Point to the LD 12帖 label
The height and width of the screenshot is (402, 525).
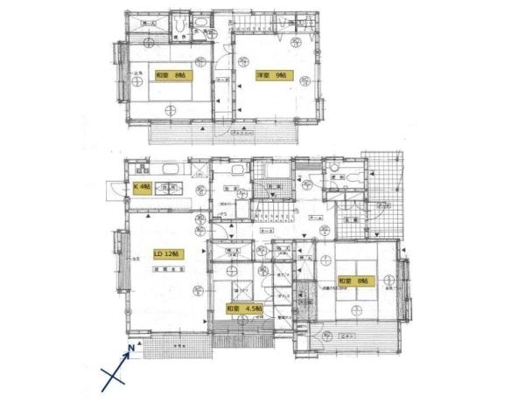coord(168,253)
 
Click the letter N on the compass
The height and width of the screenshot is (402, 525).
coord(130,349)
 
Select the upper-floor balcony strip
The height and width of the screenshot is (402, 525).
coord(223,134)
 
